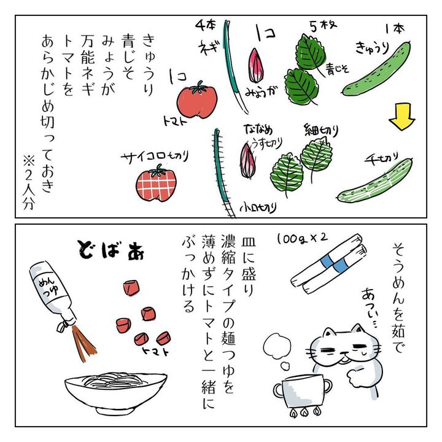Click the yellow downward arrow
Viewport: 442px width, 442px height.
pos(402,117)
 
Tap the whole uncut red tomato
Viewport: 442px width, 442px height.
pos(197,100)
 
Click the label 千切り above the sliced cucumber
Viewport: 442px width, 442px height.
pos(381,158)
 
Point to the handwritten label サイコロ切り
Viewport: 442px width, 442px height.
pos(155,157)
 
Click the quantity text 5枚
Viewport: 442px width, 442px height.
pos(323,26)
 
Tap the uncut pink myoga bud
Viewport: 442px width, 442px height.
pos(256,66)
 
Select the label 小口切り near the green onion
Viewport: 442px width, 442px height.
pos(258,207)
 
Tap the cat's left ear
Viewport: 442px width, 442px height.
pos(328,333)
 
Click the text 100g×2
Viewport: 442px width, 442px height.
pos(302,239)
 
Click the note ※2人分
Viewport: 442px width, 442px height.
pos(29,183)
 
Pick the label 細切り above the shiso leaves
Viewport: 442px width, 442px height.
pos(321,130)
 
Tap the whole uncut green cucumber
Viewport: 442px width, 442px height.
pos(376,69)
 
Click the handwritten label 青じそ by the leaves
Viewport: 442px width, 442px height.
pos(338,69)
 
